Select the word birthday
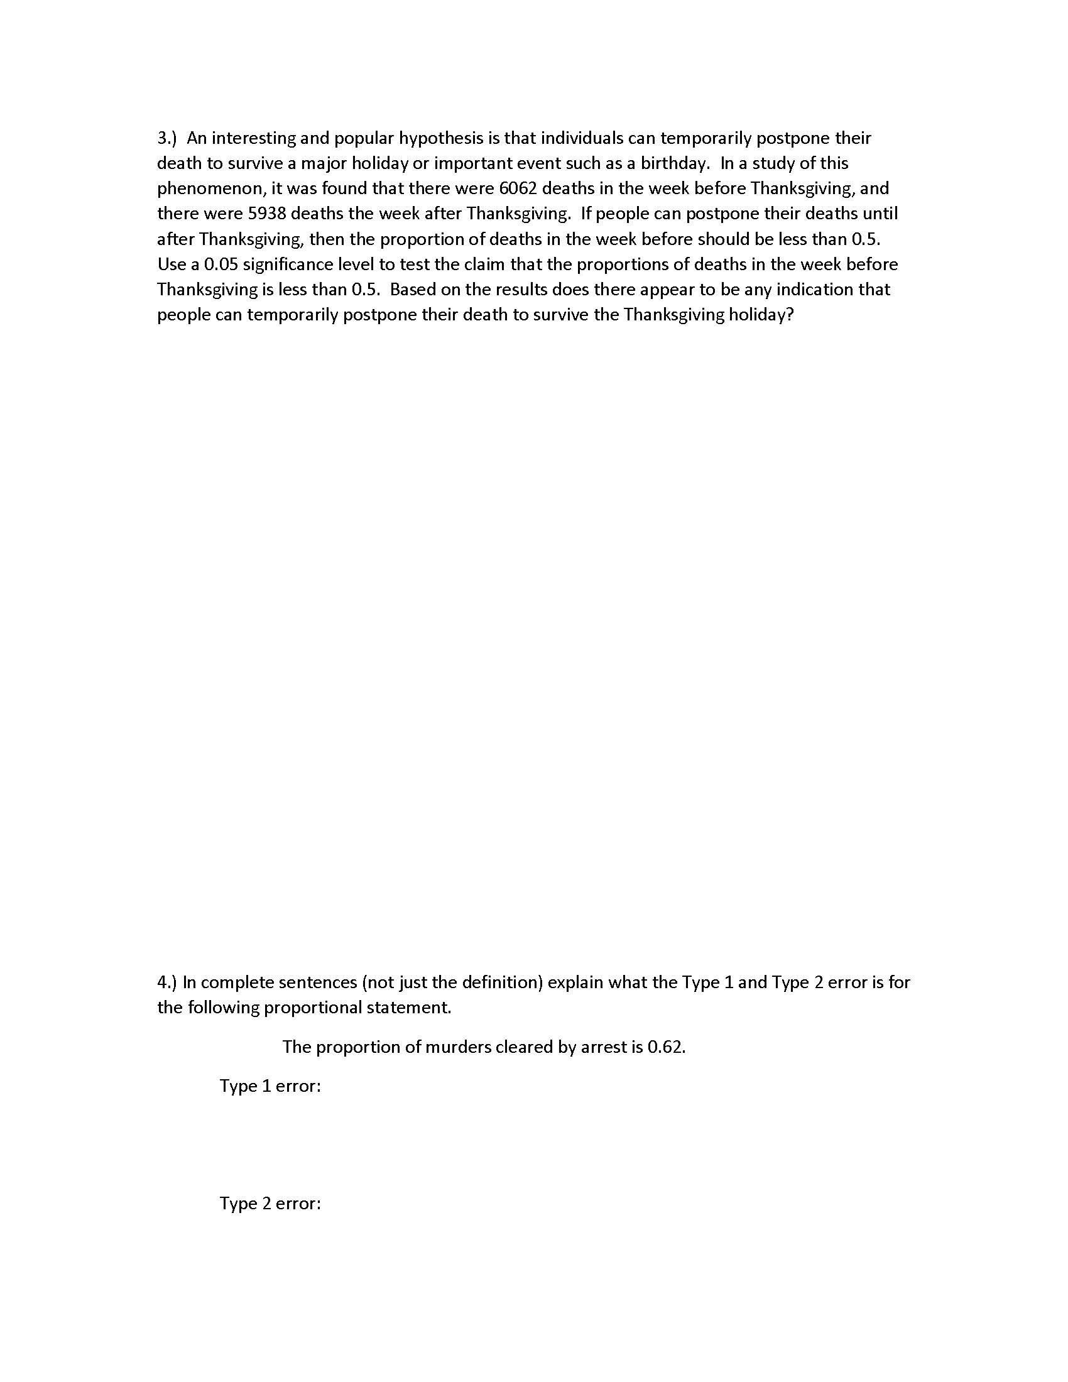point(675,163)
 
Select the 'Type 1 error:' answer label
point(270,1086)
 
